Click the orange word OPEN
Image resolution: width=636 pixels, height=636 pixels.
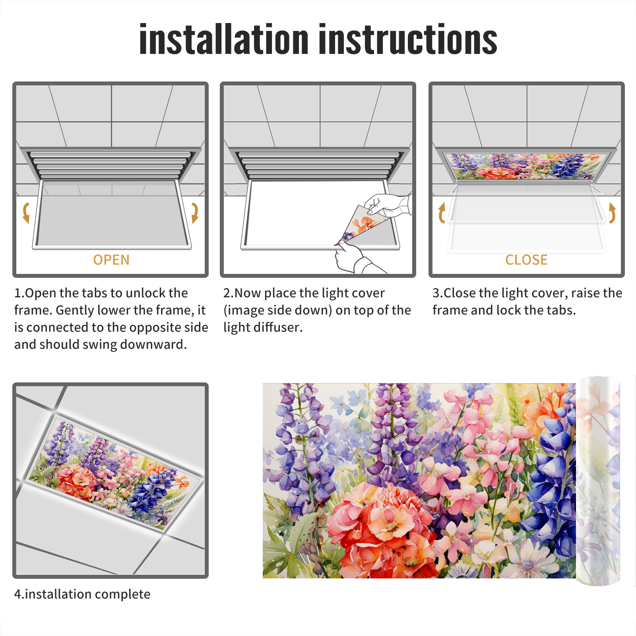[x=111, y=260]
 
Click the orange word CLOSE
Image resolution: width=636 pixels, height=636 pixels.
[x=526, y=260]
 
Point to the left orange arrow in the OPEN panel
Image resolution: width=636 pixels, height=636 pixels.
[x=26, y=213]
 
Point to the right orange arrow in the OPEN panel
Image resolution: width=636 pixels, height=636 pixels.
[x=195, y=213]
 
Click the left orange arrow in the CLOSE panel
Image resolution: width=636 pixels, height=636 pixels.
[x=442, y=213]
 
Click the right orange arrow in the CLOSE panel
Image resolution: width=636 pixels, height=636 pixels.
[x=612, y=213]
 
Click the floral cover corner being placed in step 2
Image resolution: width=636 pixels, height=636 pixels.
[x=360, y=225]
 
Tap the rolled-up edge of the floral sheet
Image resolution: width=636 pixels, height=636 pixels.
[x=598, y=481]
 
